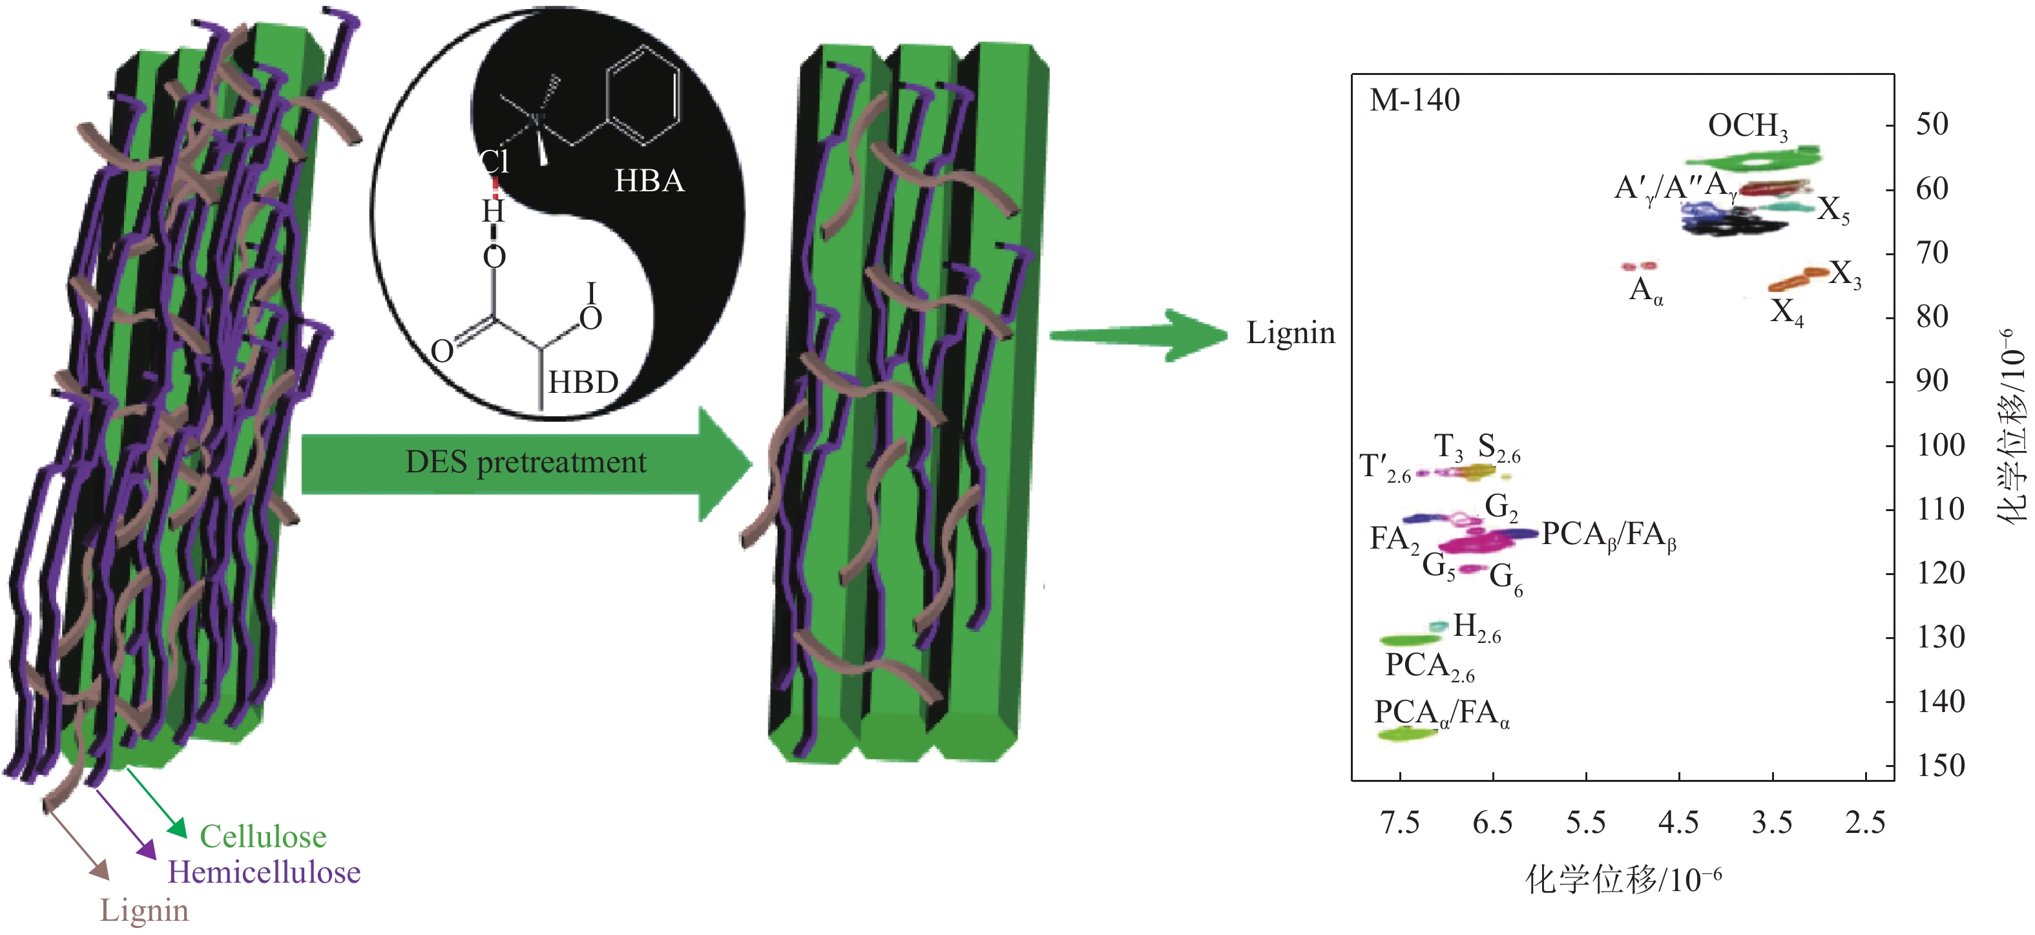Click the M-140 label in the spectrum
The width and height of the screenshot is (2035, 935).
coord(1414,100)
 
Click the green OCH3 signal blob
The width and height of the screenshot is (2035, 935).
coord(1754,160)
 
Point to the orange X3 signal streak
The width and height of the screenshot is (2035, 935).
coord(1798,278)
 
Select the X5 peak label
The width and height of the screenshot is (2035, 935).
coord(1833,210)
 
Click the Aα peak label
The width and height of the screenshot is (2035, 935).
coord(1645,291)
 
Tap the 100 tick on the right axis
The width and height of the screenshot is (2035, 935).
coord(1941,445)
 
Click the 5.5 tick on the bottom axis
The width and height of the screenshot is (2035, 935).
coord(1585,823)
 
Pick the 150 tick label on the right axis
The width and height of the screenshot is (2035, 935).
coord(1941,765)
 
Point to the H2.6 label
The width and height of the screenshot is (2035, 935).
coord(1476,627)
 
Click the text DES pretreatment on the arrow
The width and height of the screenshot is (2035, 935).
coord(525,463)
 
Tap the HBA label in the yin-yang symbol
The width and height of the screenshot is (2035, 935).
coord(649,181)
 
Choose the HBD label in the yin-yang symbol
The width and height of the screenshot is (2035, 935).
coord(583,383)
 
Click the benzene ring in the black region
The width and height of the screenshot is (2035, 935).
coord(642,95)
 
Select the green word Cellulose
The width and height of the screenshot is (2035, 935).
coord(263,836)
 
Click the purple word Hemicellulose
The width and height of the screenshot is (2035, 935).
coord(264,872)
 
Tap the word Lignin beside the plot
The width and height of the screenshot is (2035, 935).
coord(1290,333)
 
